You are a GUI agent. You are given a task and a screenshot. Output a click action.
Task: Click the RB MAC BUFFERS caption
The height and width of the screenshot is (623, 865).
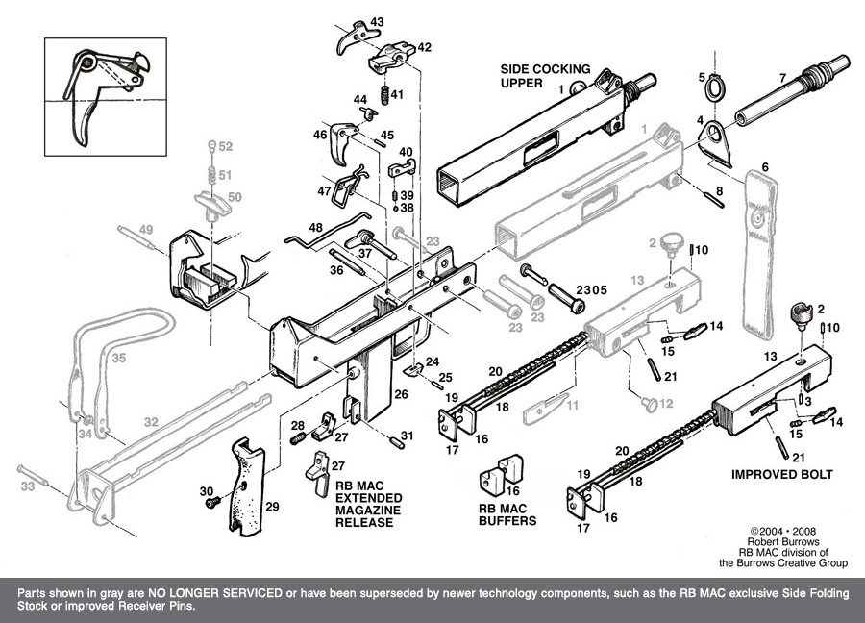click(x=507, y=514)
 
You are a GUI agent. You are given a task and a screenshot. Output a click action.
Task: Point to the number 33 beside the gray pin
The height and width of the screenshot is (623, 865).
click(x=27, y=486)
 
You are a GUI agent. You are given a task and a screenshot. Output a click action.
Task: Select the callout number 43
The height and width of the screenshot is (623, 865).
click(x=377, y=21)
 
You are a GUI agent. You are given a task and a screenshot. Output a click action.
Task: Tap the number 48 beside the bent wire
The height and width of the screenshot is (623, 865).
click(x=315, y=228)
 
